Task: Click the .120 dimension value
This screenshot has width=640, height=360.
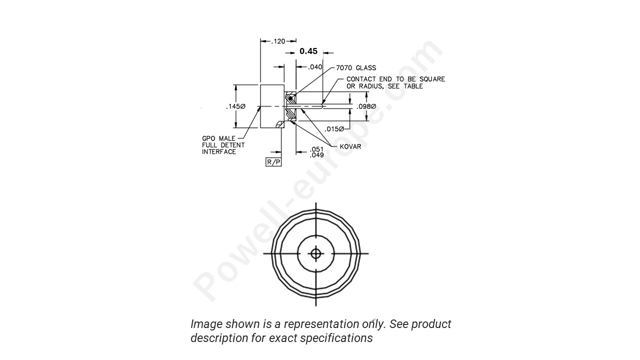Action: pos(278,41)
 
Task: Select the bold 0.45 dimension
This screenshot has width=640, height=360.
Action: pos(308,51)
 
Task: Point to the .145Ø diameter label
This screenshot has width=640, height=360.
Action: pos(235,106)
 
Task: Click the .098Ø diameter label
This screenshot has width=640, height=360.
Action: pos(366,106)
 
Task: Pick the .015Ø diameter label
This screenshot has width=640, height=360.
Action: pos(334,128)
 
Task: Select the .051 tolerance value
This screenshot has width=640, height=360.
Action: pos(316,149)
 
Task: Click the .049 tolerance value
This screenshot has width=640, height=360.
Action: pos(316,155)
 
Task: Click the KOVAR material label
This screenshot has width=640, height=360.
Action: pos(350,146)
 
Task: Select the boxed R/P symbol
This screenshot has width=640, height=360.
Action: pos(273,162)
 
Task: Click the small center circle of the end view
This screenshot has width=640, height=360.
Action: pos(315,253)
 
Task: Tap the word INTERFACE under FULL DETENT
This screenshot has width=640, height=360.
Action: pos(218,152)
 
